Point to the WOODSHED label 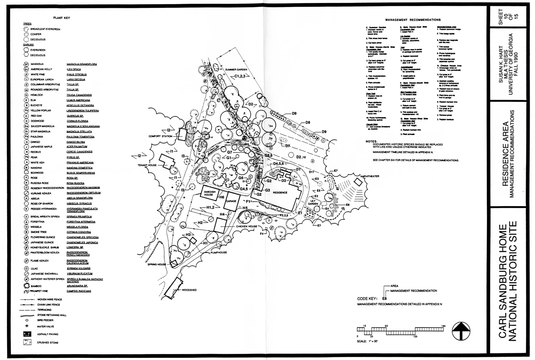tap(189, 290)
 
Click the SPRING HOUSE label tap(157, 264)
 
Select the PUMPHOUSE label tap(219, 253)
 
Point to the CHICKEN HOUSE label tap(247, 227)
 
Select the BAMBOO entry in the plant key tap(36, 286)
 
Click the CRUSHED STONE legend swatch tap(28, 342)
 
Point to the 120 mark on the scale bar tap(415, 337)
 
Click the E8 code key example tap(385, 298)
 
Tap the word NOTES tap(371, 141)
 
